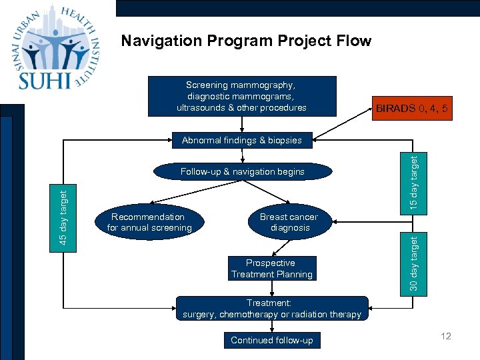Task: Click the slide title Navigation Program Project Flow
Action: (245, 41)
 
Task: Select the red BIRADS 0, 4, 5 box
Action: (411, 107)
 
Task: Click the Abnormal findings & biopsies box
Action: (241, 140)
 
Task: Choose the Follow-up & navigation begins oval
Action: (242, 172)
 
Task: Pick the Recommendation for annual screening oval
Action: (149, 223)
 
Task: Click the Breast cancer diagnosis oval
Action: (289, 223)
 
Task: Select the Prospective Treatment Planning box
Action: (271, 269)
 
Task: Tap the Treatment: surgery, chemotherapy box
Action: (271, 309)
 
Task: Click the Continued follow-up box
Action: (271, 340)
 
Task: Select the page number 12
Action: (445, 336)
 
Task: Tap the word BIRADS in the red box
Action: (395, 107)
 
